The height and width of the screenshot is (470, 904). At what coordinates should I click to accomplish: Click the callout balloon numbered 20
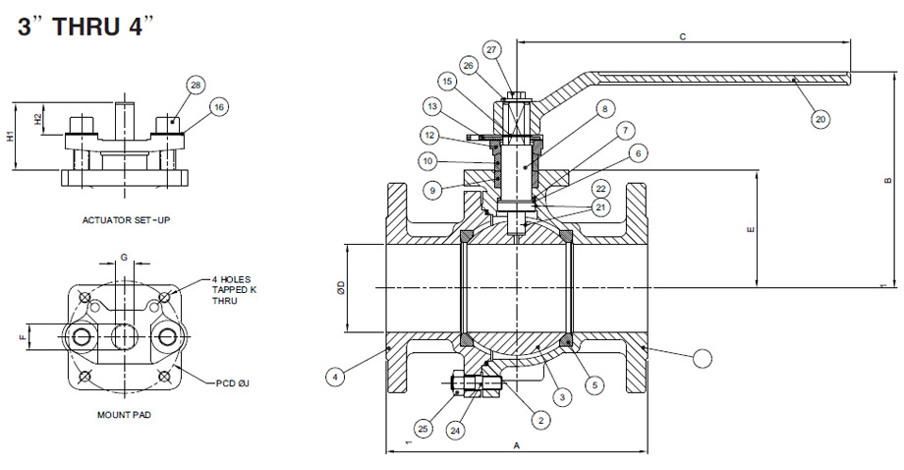[820, 119]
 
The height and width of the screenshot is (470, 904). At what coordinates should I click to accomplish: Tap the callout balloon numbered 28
[196, 86]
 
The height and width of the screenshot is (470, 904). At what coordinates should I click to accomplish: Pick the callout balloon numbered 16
[218, 106]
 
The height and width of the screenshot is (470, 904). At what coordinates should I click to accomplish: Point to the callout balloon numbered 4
[335, 375]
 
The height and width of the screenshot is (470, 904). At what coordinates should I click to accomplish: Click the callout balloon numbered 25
[424, 429]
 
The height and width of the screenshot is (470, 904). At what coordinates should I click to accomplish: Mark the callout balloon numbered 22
[600, 188]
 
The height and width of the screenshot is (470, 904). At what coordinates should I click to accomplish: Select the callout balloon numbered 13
[432, 105]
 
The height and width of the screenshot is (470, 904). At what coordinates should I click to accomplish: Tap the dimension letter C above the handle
[682, 35]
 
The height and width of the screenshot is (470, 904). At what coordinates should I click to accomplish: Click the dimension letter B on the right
[887, 180]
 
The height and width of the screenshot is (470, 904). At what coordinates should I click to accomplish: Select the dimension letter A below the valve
[517, 445]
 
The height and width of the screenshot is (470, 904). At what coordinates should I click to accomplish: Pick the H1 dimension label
[11, 137]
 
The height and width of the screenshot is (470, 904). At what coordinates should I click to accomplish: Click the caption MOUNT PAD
[124, 415]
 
